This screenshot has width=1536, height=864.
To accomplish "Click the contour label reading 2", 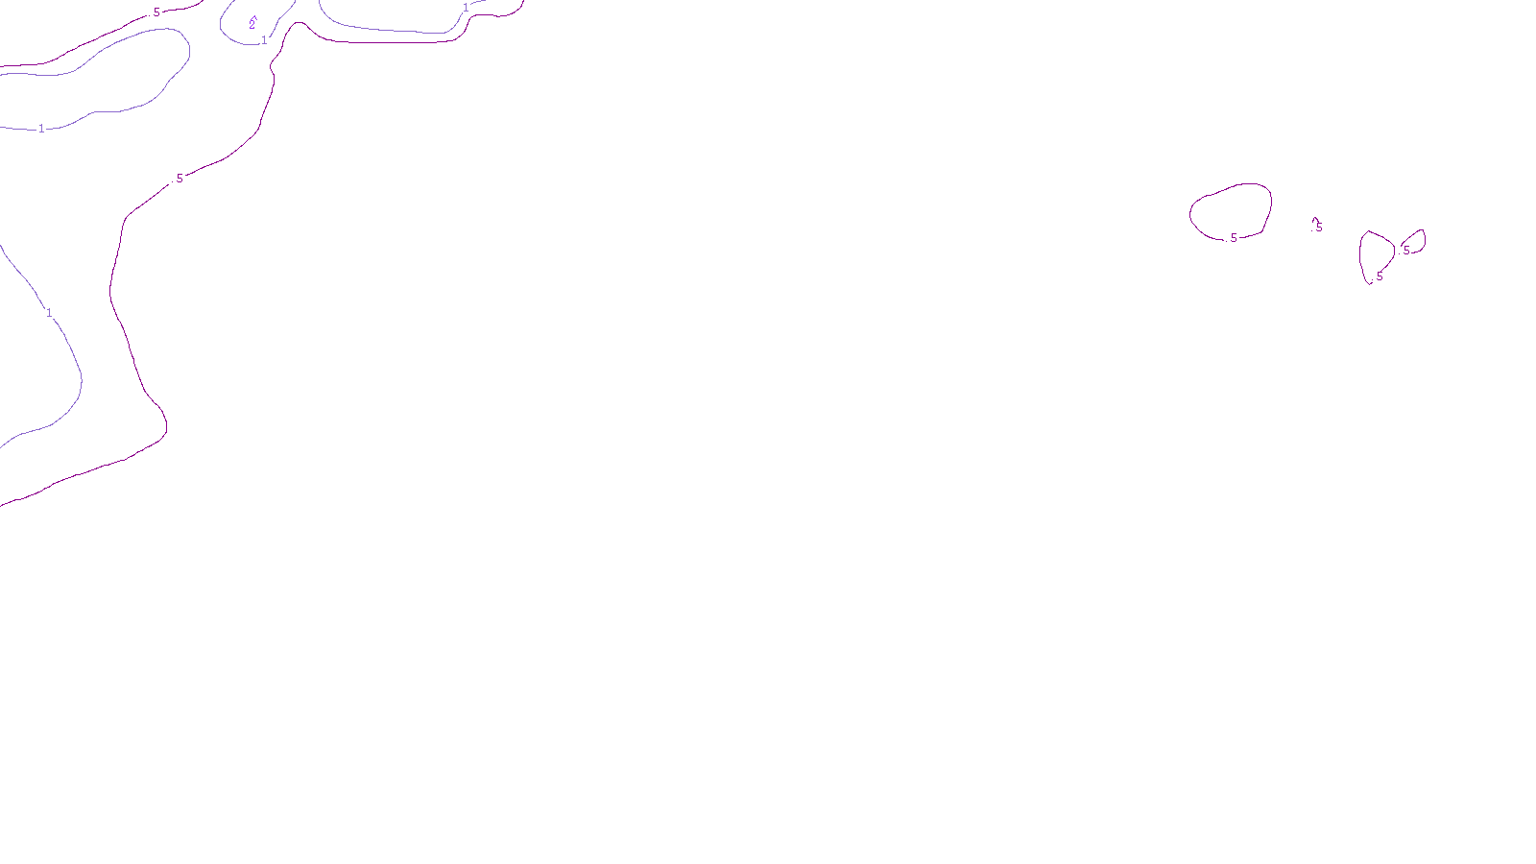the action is [x=252, y=24].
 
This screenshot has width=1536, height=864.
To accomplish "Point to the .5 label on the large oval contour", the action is [x=1233, y=238].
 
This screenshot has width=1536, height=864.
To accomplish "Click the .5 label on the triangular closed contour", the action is [x=1379, y=276].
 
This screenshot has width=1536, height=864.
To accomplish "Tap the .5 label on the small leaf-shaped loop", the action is [x=1406, y=251].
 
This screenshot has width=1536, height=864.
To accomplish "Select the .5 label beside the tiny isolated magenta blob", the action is [x=1318, y=228].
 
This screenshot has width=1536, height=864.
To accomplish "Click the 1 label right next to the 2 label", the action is [x=264, y=40].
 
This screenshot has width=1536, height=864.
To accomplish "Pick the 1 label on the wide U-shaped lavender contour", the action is [x=467, y=9].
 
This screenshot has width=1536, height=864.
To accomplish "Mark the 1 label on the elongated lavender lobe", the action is [x=41, y=129].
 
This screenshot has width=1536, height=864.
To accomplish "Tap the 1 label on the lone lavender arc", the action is [x=49, y=313].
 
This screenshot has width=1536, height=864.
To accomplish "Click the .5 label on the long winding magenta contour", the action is [x=179, y=179].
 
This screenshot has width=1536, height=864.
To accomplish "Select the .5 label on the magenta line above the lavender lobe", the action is [x=156, y=12].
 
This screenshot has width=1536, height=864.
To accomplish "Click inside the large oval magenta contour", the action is [x=1232, y=210].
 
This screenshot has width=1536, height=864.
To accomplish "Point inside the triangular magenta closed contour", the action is [x=1376, y=253].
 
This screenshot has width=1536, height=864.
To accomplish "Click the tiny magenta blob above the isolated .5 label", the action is [x=1315, y=220].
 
